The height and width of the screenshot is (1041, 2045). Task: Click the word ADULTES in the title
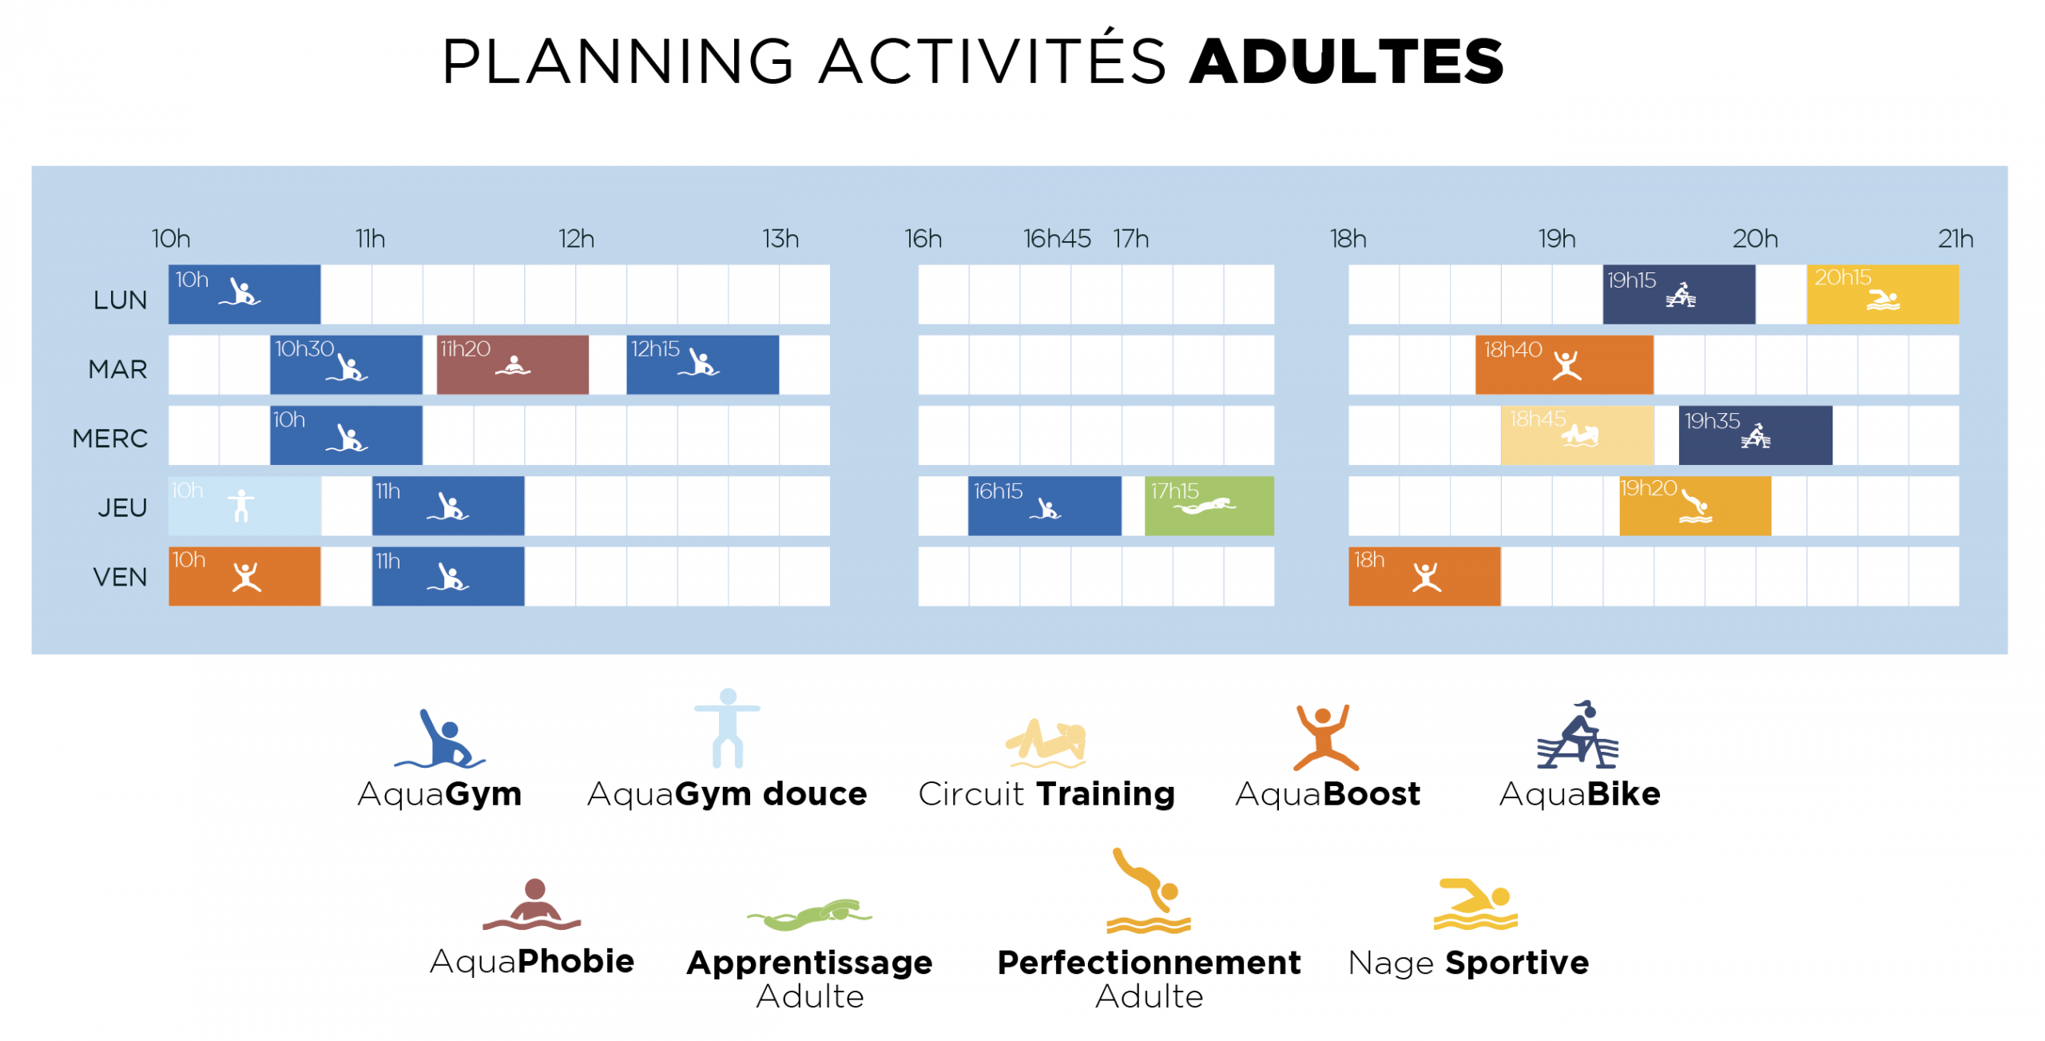pyautogui.click(x=1346, y=62)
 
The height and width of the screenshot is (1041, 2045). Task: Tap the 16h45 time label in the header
pyautogui.click(x=1057, y=238)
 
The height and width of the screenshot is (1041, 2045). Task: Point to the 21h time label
pyautogui.click(x=1956, y=238)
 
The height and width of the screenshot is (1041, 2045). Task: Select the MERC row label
pyautogui.click(x=110, y=438)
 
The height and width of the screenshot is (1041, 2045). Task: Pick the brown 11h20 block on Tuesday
pyautogui.click(x=513, y=364)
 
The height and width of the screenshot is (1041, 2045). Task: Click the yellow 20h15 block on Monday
pyautogui.click(x=1883, y=294)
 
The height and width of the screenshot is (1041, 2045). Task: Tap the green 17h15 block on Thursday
pyautogui.click(x=1209, y=506)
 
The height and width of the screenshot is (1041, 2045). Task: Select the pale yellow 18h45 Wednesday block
pyautogui.click(x=1577, y=435)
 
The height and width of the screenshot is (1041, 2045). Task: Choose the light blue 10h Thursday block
pyautogui.click(x=244, y=506)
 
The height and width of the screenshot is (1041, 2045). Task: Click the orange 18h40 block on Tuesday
pyautogui.click(x=1564, y=364)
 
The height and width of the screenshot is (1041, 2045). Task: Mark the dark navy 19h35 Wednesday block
pyautogui.click(x=1756, y=435)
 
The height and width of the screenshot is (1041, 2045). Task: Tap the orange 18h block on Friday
pyautogui.click(x=1424, y=576)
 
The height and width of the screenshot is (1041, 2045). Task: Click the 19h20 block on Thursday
pyautogui.click(x=1695, y=506)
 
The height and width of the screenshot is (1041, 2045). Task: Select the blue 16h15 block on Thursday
pyautogui.click(x=1045, y=506)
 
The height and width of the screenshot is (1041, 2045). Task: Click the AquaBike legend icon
pyautogui.click(x=1578, y=735)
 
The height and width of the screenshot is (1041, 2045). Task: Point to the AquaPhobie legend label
pyautogui.click(x=532, y=961)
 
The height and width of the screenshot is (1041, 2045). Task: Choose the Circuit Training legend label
pyautogui.click(x=1046, y=793)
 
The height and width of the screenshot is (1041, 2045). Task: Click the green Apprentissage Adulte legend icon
pyautogui.click(x=809, y=915)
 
